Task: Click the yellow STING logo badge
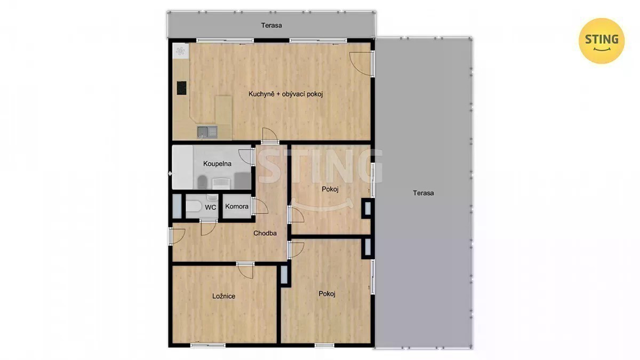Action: coord(602,41)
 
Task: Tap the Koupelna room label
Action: coord(217,164)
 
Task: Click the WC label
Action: coord(211,207)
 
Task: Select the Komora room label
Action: coord(237,206)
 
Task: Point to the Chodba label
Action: coord(265,233)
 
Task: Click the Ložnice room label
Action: coord(223,296)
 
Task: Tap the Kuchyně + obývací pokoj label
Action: coord(285,94)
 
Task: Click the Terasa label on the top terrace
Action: coord(271,26)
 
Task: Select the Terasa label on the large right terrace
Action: coord(423,193)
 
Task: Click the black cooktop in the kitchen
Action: coord(181,88)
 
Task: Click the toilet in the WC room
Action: coord(194,206)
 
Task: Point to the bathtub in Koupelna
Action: coord(182,167)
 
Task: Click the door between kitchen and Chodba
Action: coord(270,135)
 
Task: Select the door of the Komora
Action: coord(260,206)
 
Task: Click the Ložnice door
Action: coord(245,270)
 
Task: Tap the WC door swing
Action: coord(209,227)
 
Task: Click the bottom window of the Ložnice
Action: coord(207,346)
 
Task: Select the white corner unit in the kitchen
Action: coord(180,51)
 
